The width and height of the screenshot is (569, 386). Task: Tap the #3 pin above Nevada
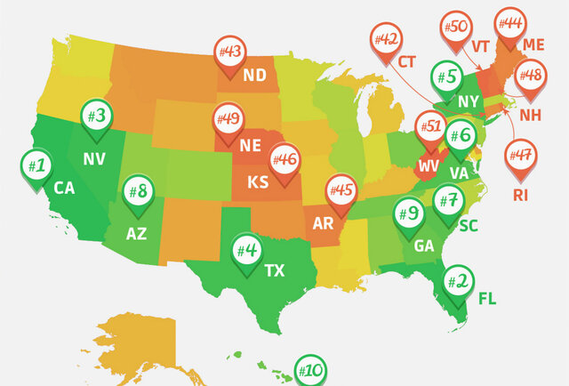click(97, 117)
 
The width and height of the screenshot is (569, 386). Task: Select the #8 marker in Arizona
click(138, 191)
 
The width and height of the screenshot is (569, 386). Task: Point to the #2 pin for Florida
click(460, 283)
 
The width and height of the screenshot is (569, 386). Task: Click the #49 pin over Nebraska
click(228, 118)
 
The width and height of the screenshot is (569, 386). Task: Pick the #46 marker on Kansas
click(285, 161)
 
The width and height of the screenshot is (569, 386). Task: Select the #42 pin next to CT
click(388, 41)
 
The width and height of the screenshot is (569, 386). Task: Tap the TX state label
click(276, 270)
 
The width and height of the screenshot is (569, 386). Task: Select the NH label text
click(530, 115)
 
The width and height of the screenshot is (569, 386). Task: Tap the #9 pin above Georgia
click(409, 214)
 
